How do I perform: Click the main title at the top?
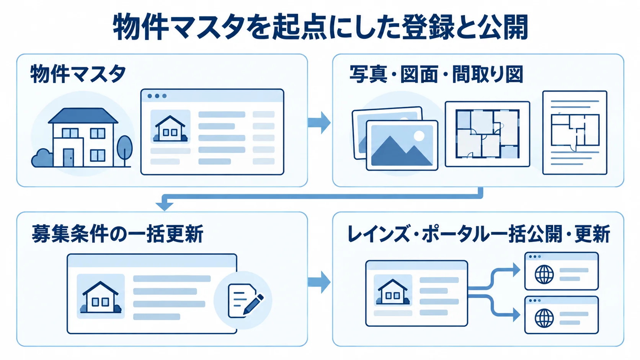pyautogui.click(x=320, y=28)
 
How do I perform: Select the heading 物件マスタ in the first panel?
pyautogui.click(x=78, y=74)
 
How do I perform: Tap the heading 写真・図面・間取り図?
pyautogui.click(x=436, y=74)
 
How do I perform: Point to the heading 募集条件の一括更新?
pyautogui.click(x=118, y=233)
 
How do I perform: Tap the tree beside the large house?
pyautogui.click(x=124, y=151)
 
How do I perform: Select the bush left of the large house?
pyautogui.click(x=42, y=158)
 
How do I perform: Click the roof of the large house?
pyautogui.click(x=83, y=116)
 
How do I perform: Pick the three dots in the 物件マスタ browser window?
pyautogui.click(x=157, y=96)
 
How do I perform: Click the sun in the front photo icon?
pyautogui.click(x=419, y=135)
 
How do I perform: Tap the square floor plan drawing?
pyautogui.click(x=487, y=134)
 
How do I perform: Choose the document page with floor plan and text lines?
pyautogui.click(x=575, y=132)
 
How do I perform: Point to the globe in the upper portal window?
pyautogui.click(x=544, y=274)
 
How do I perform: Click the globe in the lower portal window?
pyautogui.click(x=544, y=318)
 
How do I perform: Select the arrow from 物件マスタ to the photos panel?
pyautogui.click(x=319, y=123)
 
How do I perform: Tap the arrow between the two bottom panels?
pyautogui.click(x=319, y=282)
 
